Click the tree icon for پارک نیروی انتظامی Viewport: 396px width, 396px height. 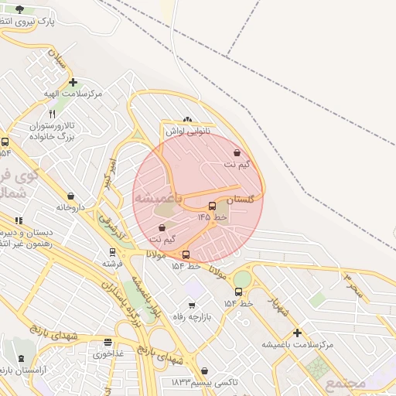point(19,10)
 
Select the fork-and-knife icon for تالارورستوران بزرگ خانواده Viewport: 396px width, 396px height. point(52,114)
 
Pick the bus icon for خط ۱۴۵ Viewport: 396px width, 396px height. point(213,206)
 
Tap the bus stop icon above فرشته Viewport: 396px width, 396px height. point(113,252)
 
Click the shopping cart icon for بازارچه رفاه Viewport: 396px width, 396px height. point(192,306)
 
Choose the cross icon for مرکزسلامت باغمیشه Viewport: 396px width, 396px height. point(296,333)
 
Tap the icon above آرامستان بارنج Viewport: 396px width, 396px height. point(21,360)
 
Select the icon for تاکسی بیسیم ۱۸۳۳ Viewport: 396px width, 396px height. point(204,371)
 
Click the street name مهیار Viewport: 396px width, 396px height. point(278,306)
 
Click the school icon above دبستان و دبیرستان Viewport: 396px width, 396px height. point(19,220)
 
